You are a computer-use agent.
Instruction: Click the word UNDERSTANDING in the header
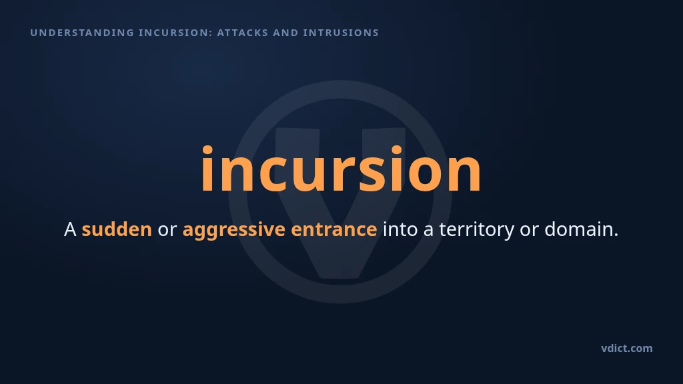(82, 33)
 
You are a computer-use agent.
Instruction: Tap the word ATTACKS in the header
(243, 33)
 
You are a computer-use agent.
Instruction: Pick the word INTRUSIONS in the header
(341, 33)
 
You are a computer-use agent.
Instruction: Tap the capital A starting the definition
(70, 229)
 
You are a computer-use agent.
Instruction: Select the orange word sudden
(117, 229)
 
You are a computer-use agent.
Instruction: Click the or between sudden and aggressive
(167, 230)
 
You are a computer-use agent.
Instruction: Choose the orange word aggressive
(234, 230)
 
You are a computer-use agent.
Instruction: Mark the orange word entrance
(334, 230)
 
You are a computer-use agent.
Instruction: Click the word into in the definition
(400, 229)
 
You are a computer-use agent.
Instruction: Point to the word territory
(476, 230)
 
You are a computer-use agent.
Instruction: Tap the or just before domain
(529, 230)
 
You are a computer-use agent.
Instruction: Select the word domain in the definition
(578, 229)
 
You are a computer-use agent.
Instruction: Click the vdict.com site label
(627, 348)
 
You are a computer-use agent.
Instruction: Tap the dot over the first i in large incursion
(207, 150)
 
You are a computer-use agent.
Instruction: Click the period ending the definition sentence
(616, 235)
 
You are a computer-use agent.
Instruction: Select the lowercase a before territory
(429, 231)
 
